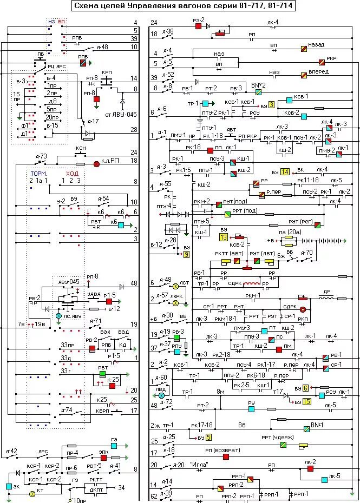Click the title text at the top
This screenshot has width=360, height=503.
tap(180, 6)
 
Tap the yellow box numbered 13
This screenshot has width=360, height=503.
tap(223, 237)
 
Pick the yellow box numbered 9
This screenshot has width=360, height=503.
tap(186, 254)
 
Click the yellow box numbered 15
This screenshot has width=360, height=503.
tap(306, 402)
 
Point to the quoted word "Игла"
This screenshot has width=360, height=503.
tap(199, 465)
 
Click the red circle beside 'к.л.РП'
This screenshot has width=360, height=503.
tap(97, 163)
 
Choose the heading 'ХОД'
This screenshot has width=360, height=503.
tap(72, 173)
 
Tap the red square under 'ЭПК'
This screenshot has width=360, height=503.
tap(103, 458)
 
